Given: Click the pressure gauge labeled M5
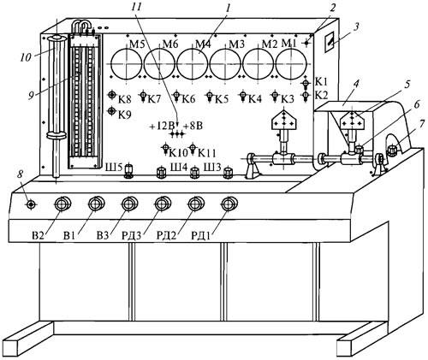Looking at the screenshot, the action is click(126, 64).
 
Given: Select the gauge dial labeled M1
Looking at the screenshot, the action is click(291, 64).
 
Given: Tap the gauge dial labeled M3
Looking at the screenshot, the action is click(225, 64).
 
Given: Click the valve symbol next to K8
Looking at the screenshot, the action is click(112, 95).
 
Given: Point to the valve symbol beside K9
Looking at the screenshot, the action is click(112, 110).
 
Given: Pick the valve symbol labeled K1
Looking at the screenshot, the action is click(306, 83).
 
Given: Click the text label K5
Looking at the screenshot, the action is click(222, 99).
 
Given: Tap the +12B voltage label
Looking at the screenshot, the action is click(162, 126).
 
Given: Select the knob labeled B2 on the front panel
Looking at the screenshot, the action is click(62, 204).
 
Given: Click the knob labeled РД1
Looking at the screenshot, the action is click(229, 204).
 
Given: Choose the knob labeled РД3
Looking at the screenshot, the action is click(163, 204).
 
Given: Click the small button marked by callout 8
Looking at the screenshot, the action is click(31, 204).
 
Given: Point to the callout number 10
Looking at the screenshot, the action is click(26, 57).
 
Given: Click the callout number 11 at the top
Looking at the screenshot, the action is click(136, 7).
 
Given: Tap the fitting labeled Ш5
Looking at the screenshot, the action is click(128, 170).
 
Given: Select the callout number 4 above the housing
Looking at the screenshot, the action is click(356, 84).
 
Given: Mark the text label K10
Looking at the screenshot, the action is click(179, 153).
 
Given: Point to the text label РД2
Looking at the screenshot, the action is click(166, 236).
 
